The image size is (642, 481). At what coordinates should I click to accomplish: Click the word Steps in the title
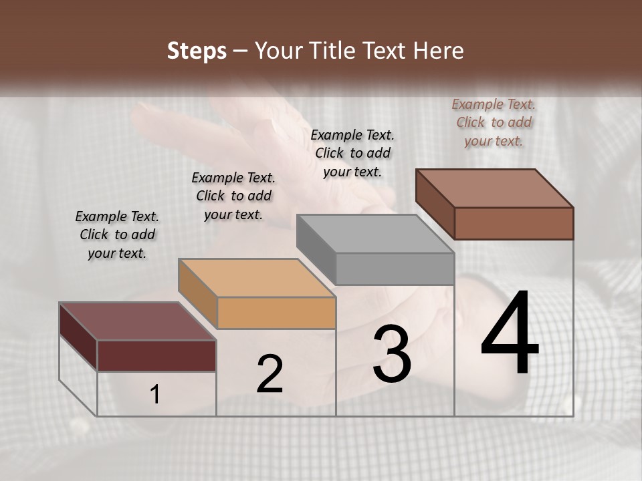coord(197,51)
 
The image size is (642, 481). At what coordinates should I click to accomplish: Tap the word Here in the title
coord(439,51)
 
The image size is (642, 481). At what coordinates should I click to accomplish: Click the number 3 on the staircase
coord(392,354)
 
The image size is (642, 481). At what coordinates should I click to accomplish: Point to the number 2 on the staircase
coord(270,374)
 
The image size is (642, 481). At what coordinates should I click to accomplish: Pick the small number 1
coord(155,394)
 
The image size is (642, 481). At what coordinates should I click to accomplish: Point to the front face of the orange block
coord(276,313)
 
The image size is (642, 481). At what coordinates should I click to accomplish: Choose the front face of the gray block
coord(395,269)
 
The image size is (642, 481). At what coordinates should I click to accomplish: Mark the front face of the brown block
coord(514,223)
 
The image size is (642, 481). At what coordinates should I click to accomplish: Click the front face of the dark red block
coord(156,355)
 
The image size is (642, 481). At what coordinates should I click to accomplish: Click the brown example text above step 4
coord(494,122)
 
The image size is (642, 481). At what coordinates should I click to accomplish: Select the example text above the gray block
coord(352,153)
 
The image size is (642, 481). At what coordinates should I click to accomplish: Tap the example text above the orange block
coord(233,196)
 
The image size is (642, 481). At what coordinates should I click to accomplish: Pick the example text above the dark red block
coord(117,234)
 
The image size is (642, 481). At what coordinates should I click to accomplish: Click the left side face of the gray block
coord(316,249)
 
